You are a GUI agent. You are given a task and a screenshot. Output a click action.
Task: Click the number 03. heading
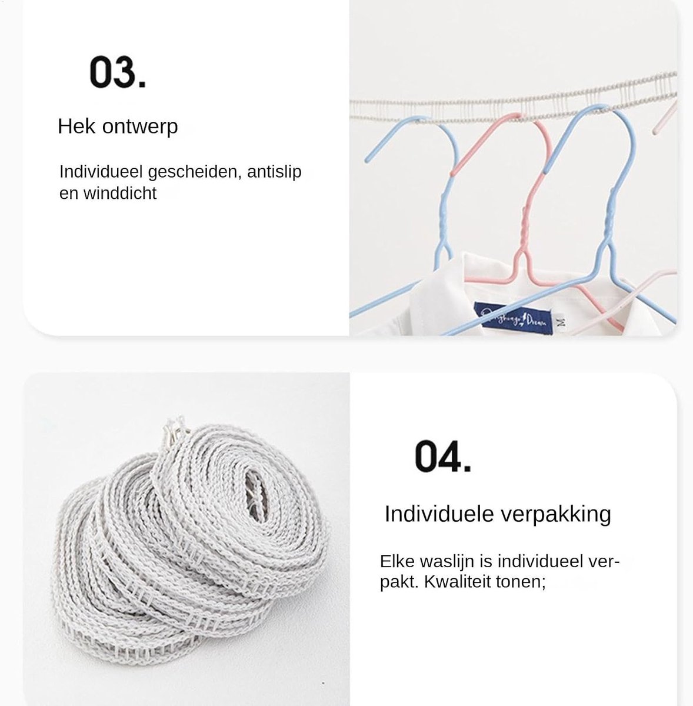117,72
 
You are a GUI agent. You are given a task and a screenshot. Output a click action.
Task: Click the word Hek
76,126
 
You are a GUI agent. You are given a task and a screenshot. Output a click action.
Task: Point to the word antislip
274,171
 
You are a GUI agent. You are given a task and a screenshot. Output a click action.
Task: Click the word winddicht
120,193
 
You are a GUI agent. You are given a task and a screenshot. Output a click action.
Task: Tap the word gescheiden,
195,172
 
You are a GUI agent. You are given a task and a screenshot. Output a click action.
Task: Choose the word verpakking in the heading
556,514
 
